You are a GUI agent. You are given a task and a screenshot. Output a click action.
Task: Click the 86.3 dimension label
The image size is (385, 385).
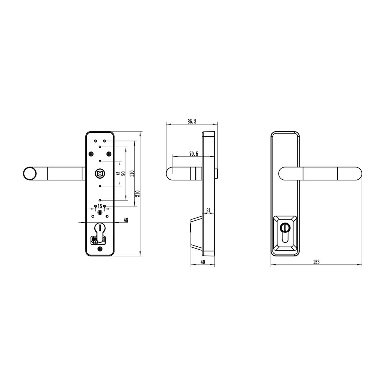(192, 122)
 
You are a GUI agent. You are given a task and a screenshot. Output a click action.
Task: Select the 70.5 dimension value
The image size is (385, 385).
(193, 154)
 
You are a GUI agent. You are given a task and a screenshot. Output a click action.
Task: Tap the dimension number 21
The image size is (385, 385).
(209, 210)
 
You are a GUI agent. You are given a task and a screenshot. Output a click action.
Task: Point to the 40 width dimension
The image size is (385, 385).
(203, 262)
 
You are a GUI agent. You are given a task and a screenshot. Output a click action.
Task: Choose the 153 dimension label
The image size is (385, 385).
(316, 262)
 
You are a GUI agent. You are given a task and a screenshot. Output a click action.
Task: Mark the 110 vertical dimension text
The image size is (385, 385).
(132, 174)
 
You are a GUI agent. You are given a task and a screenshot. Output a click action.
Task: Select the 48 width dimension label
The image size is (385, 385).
(126, 220)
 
